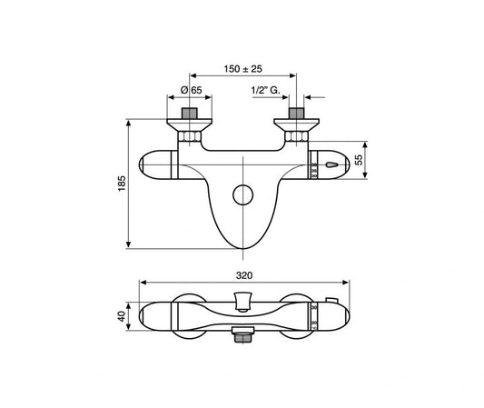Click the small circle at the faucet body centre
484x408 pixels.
point(242,194)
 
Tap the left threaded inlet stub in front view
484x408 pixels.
point(190,115)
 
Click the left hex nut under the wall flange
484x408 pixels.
point(190,137)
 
